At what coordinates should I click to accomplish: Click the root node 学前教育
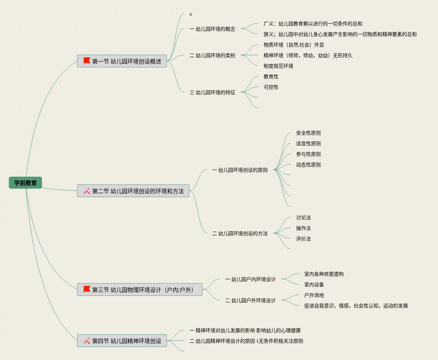(25, 183)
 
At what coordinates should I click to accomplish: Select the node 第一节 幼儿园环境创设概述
(122, 61)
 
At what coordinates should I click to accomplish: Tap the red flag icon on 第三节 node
(87, 289)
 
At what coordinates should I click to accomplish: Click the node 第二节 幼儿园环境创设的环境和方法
(133, 191)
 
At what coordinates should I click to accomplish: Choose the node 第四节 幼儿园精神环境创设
(122, 341)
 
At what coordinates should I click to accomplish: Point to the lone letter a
(191, 14)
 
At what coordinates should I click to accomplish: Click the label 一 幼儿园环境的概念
(212, 29)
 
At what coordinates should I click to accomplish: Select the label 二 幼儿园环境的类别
(212, 55)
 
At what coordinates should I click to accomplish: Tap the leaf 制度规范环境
(278, 66)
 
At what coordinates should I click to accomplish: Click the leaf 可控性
(271, 87)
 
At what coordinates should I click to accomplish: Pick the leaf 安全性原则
(308, 133)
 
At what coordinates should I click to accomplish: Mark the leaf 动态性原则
(308, 165)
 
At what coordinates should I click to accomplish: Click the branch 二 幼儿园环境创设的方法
(240, 233)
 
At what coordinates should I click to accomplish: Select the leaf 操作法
(303, 228)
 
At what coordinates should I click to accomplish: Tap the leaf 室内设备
(314, 285)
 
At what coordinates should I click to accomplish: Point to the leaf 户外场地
(314, 295)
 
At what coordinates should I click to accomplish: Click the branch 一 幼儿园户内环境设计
(251, 279)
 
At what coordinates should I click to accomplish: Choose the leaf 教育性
(271, 77)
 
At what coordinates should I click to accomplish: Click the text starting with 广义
(313, 24)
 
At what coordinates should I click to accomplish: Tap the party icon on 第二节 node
(87, 191)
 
